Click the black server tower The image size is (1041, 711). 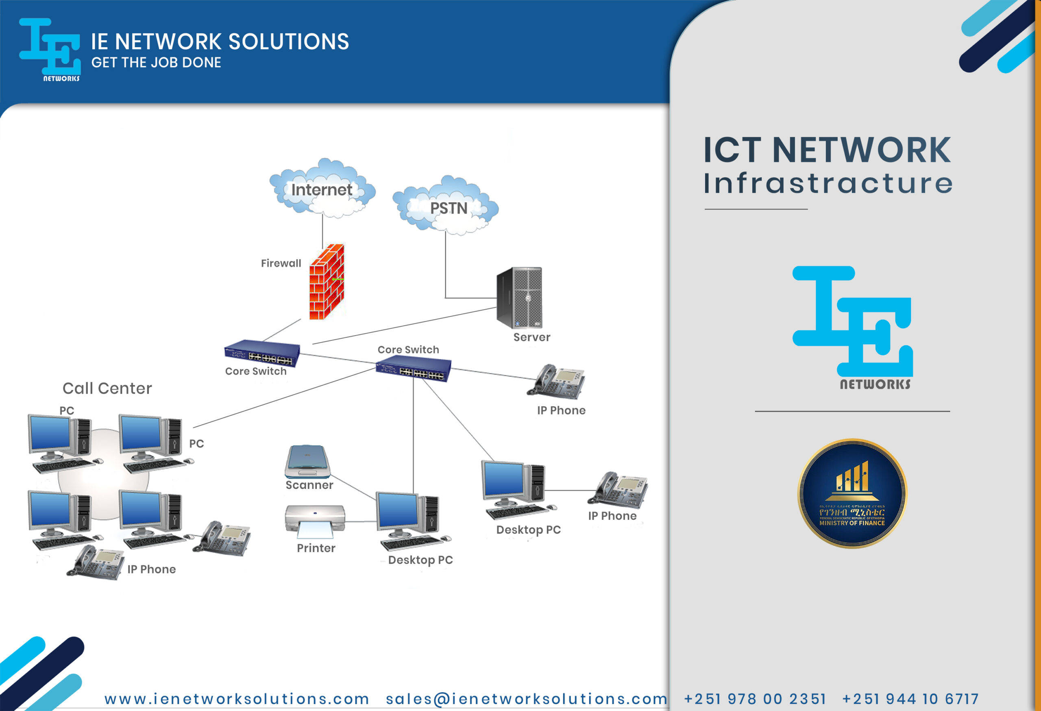tap(520, 297)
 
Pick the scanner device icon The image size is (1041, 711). tap(307, 461)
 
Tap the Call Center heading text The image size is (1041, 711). tap(107, 388)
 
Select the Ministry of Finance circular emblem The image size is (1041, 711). tap(852, 493)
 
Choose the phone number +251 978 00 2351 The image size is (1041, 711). tap(755, 699)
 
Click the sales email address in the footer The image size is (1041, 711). tap(526, 699)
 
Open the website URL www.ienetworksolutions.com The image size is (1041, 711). tap(237, 699)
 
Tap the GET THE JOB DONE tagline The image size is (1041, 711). tap(156, 62)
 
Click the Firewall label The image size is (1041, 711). tap(281, 263)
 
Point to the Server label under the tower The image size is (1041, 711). tap(532, 337)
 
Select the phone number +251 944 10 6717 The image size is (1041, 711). tap(910, 699)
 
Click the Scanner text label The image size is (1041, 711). tap(309, 485)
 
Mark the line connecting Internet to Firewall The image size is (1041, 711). tap(322, 231)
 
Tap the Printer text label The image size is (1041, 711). tap(316, 548)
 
